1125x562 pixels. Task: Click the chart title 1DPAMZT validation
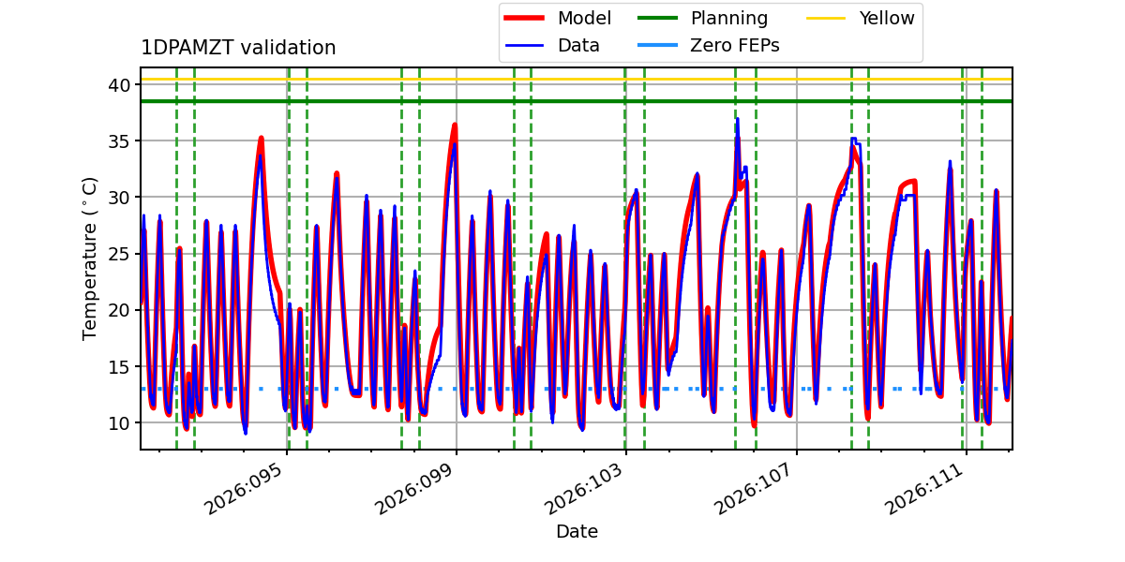[238, 48]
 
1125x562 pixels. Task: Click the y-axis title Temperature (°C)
[90, 258]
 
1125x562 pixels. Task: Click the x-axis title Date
[577, 532]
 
